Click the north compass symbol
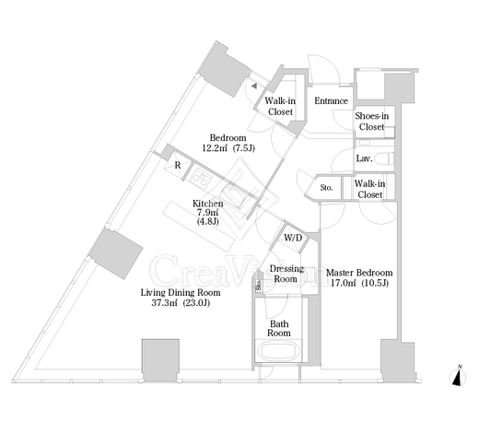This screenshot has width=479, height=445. (458, 377)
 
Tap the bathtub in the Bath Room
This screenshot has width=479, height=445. (279, 352)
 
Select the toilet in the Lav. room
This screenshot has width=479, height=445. (388, 158)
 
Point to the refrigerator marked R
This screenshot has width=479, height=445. (175, 165)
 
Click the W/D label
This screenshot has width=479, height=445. (293, 238)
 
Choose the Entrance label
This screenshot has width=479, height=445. (331, 100)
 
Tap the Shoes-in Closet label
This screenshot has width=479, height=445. (372, 122)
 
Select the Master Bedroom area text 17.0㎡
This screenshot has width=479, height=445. (343, 283)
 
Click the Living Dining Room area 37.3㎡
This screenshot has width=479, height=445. (165, 303)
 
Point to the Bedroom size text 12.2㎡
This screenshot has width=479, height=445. (215, 148)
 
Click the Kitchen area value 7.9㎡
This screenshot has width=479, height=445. (208, 212)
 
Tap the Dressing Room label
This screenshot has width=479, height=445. (286, 274)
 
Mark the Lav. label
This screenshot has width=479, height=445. (365, 158)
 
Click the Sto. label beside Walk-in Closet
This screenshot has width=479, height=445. (326, 187)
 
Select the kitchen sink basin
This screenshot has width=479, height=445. (233, 196)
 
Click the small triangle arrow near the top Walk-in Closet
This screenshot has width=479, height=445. (254, 86)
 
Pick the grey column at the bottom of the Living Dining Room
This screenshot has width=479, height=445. (160, 360)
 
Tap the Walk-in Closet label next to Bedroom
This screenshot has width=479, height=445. (280, 106)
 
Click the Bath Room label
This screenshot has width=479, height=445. (279, 328)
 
